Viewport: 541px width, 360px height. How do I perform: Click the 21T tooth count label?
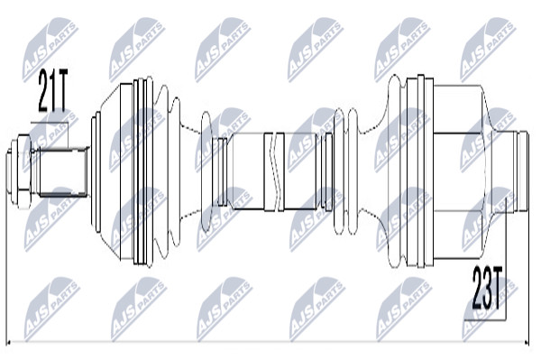point(53,91)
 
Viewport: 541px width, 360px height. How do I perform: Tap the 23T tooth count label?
point(487,288)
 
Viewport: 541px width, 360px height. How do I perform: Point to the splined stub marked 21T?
point(63,171)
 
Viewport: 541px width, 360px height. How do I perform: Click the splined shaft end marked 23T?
point(520,171)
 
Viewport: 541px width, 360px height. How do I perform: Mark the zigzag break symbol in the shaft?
point(274,171)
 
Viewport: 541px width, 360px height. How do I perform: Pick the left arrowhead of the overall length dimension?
point(10,343)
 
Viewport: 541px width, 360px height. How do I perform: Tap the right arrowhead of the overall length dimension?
point(525,343)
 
